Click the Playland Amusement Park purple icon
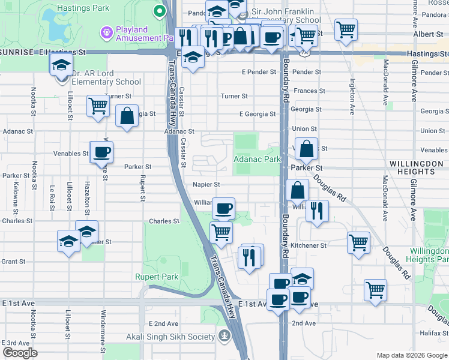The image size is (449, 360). [107, 30]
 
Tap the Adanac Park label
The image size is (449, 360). [257, 160]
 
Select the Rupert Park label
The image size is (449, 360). [161, 277]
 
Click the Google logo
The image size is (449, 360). [19, 353]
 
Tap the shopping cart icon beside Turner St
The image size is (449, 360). [98, 106]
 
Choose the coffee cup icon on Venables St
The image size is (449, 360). [101, 151]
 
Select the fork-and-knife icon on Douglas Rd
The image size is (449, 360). [316, 211]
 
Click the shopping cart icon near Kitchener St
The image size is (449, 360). [358, 243]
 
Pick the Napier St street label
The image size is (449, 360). [206, 185]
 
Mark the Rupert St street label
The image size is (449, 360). [142, 188]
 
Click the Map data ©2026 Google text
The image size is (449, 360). [411, 355]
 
